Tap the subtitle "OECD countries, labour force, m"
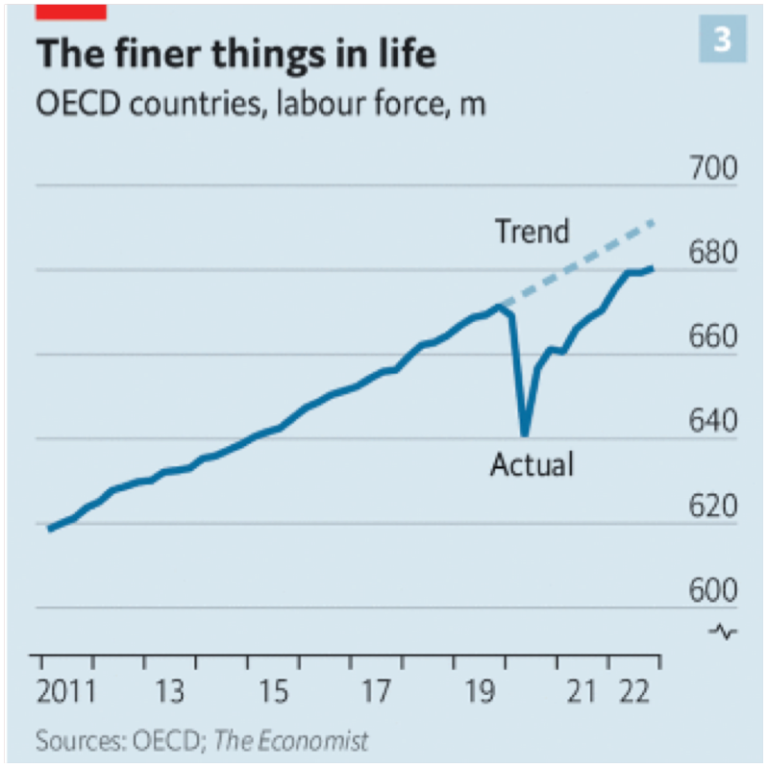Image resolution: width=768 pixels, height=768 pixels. (260, 103)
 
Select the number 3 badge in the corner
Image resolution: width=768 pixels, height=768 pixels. (720, 38)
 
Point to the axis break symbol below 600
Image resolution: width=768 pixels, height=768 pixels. (723, 632)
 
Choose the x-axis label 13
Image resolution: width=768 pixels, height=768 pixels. (169, 692)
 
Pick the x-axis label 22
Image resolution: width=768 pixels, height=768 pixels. (635, 692)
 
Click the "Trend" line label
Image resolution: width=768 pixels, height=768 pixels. (532, 232)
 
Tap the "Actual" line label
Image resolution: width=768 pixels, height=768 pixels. (532, 465)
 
